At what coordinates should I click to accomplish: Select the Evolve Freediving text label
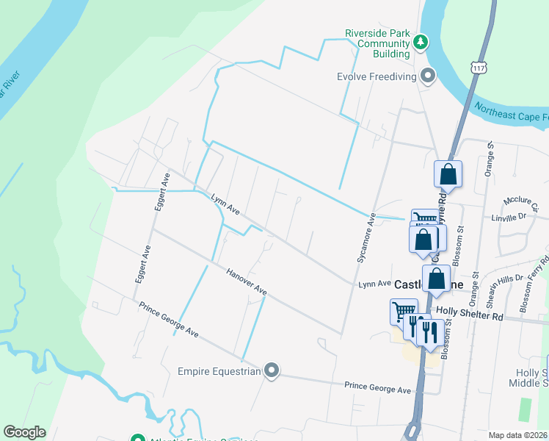377,76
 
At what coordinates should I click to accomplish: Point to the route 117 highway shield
479,67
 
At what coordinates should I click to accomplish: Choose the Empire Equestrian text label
219,371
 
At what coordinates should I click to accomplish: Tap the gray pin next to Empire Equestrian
272,370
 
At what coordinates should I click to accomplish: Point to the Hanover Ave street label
246,282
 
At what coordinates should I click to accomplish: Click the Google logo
24,432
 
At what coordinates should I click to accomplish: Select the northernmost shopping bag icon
448,176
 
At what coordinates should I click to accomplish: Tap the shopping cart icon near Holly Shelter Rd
403,311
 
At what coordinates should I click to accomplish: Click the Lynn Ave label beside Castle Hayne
374,284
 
